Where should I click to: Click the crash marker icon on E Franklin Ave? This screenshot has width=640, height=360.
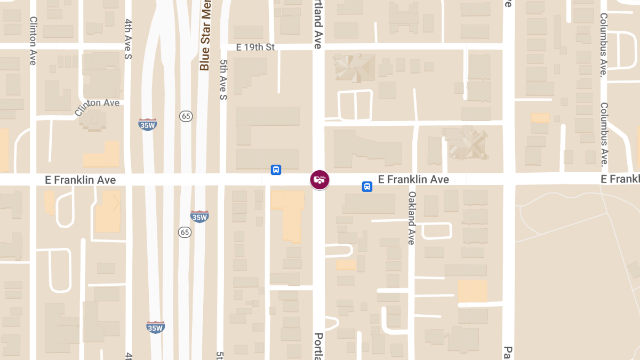pyautogui.click(x=319, y=180)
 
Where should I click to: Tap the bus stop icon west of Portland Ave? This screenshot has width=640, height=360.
pyautogui.click(x=276, y=170)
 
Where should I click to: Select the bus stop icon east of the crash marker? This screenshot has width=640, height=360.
pyautogui.click(x=367, y=187)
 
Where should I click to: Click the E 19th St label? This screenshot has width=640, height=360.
pyautogui.click(x=255, y=47)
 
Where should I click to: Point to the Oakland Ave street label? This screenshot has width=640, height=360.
pyautogui.click(x=411, y=218)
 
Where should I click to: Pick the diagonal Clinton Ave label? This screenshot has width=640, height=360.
pyautogui.click(x=97, y=107)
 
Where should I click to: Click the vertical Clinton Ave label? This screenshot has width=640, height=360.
pyautogui.click(x=33, y=41)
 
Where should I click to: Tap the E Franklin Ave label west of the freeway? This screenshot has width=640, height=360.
pyautogui.click(x=81, y=180)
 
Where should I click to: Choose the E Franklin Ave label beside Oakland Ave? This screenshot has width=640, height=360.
pyautogui.click(x=413, y=179)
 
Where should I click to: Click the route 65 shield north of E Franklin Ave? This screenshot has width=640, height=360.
pyautogui.click(x=186, y=116)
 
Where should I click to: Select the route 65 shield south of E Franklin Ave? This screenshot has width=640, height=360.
pyautogui.click(x=185, y=232)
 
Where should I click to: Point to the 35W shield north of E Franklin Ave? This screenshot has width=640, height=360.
pyautogui.click(x=147, y=125)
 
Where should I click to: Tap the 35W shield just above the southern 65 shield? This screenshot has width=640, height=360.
pyautogui.click(x=199, y=217)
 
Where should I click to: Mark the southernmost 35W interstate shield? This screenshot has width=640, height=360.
pyautogui.click(x=155, y=327)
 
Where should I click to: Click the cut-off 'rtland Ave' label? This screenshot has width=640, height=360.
pyautogui.click(x=318, y=25)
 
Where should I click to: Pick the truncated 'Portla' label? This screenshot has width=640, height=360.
pyautogui.click(x=318, y=346)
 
